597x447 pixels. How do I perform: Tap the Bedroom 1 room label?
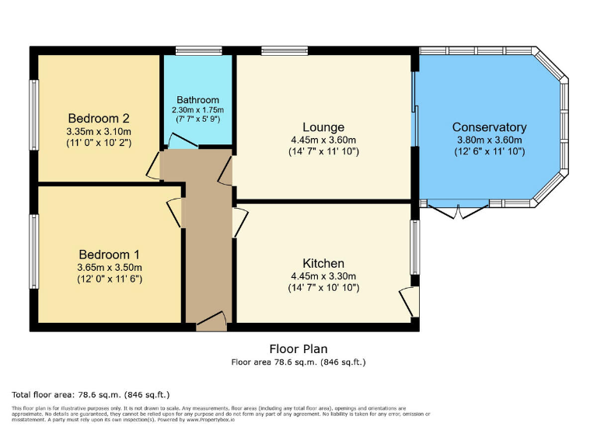(x=110, y=255)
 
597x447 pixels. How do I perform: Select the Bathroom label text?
(x=197, y=100)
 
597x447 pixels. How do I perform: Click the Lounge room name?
(x=323, y=127)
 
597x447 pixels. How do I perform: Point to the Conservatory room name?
(x=489, y=127)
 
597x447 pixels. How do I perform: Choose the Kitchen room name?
(x=323, y=264)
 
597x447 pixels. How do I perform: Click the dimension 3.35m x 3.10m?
(x=98, y=131)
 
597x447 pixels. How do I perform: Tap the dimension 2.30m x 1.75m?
(x=197, y=110)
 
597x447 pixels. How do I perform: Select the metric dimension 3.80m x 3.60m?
(x=489, y=140)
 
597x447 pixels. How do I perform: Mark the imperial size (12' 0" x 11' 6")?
(x=110, y=279)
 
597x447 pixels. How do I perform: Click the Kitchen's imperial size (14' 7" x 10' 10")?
(x=323, y=288)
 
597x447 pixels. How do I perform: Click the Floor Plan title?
(x=298, y=349)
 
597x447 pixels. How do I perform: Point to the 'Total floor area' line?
(x=92, y=394)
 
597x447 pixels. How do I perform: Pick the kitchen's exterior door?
(x=408, y=301)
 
